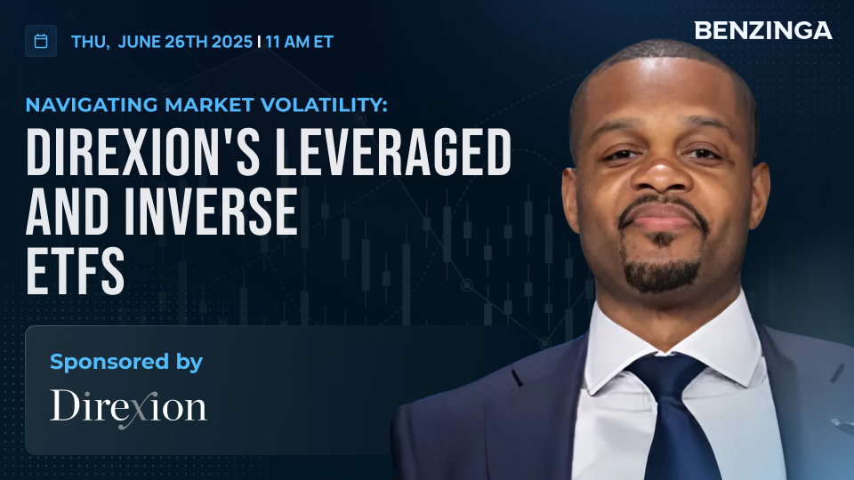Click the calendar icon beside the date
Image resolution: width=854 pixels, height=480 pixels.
(41, 41)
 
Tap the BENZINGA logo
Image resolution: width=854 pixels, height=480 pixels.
(763, 31)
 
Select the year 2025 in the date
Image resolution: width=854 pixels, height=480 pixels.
(226, 41)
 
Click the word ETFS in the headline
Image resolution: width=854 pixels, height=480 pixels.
(74, 269)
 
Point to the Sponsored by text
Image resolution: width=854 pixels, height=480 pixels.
(126, 362)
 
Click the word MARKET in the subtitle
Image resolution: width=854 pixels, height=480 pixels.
(205, 105)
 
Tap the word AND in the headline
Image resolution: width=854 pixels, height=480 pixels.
(67, 210)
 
